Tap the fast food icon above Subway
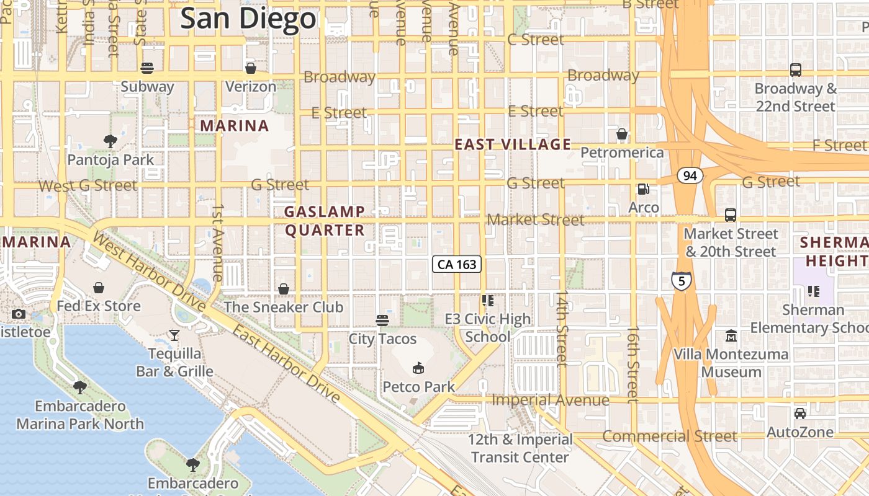147,68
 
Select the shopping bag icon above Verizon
251,68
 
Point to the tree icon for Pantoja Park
110,141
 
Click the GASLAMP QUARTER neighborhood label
324,221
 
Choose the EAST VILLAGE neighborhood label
513,144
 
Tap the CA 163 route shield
457,264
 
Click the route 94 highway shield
690,176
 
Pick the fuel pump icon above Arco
644,188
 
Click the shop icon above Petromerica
621,134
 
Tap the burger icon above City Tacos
382,320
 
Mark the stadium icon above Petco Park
418,368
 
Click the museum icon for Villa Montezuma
731,336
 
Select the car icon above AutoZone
800,413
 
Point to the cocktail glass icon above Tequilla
174,335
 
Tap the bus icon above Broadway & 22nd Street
796,70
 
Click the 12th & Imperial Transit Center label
520,448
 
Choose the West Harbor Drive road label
149,270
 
